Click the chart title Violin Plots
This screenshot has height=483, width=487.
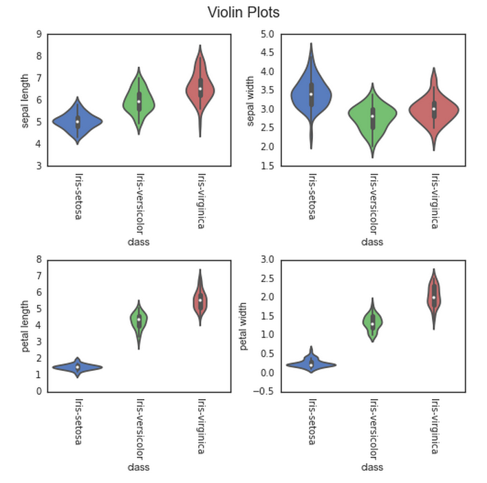coord(243,12)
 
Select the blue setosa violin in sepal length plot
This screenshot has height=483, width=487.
coord(78,121)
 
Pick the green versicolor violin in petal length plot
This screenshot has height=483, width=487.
coord(139,319)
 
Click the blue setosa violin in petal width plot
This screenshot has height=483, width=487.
coord(311,364)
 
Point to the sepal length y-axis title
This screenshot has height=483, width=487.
coord(26,100)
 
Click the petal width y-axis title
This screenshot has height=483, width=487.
coord(244,325)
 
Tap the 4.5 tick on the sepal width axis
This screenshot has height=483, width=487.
coord(267,53)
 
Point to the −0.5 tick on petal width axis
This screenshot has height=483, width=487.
coord(265,391)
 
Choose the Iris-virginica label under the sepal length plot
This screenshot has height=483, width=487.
coord(200,199)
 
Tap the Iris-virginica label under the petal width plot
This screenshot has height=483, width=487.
coord(434,425)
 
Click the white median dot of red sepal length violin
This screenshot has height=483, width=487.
coord(200,88)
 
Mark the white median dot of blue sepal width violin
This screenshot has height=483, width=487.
coord(311,94)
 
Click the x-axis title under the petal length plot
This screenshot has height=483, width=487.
coord(139,467)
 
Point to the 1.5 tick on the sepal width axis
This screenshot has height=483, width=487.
coord(267,166)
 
